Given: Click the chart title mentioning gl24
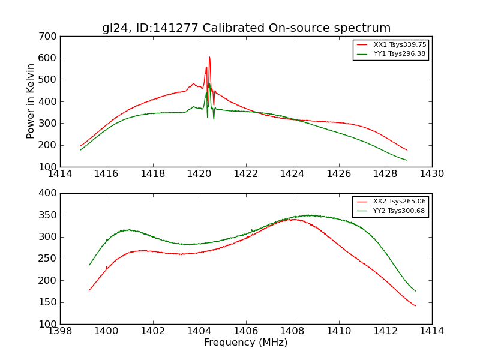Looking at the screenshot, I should point(246,28).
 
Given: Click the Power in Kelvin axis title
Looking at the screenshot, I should point(31,101).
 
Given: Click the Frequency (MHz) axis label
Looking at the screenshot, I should point(246,343).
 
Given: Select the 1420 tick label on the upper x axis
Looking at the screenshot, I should point(199,174).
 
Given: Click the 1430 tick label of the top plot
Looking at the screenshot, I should point(431,174).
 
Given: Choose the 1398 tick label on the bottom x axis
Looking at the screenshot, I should point(60,331).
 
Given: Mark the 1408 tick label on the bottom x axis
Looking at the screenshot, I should point(292,331).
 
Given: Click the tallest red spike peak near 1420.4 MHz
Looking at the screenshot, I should point(209,58).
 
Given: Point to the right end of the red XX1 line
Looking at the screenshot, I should point(407,150).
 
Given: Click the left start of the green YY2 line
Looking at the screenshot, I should point(89,265).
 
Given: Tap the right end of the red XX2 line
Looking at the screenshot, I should point(415,306).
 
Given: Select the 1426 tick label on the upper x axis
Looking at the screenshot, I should point(338,174).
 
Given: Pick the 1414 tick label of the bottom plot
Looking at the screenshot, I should point(431,331).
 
